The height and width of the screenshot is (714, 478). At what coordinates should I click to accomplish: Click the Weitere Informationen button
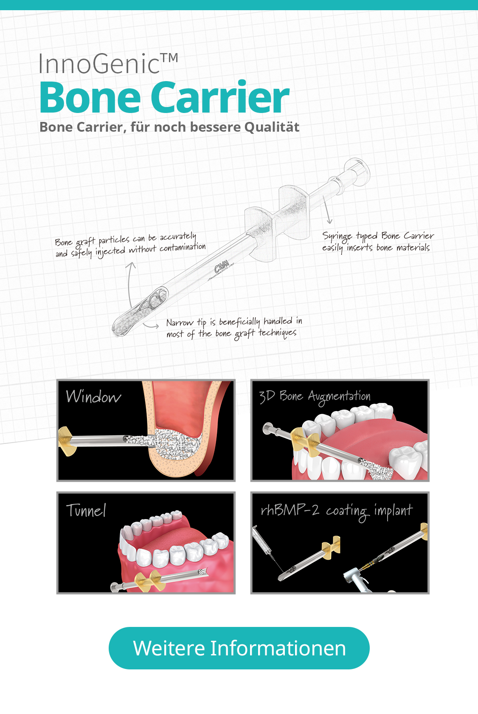(239, 648)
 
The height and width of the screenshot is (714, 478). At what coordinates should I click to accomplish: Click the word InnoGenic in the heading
(99, 64)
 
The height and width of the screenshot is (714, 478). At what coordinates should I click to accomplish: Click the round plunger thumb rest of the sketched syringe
(358, 172)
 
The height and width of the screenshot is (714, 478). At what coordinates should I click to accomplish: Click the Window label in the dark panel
(93, 397)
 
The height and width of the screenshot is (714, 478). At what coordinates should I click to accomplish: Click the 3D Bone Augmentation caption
(315, 397)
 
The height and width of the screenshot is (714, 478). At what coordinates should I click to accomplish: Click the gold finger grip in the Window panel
(67, 441)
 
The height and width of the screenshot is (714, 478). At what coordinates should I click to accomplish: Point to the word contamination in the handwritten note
(183, 247)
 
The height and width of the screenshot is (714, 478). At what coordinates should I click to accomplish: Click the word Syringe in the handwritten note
(337, 237)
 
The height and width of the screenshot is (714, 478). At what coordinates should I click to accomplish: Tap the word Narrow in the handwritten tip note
(180, 322)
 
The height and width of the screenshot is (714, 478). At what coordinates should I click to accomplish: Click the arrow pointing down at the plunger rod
(327, 210)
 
